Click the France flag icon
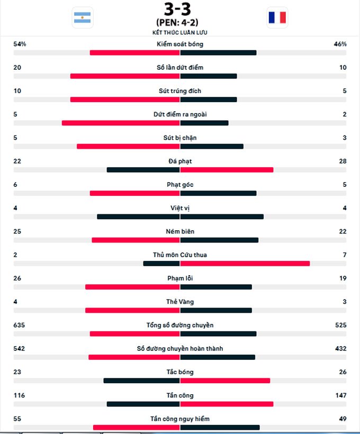point(277,17)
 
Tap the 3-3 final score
point(177,10)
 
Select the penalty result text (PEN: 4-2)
point(177,23)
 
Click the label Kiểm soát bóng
point(180,44)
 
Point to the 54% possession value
point(20,44)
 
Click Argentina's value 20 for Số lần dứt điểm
point(17,67)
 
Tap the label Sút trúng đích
point(180,91)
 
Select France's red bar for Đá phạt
point(227,170)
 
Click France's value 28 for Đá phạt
point(343,161)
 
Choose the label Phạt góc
point(180,185)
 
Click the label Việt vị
point(180,208)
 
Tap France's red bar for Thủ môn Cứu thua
point(245,264)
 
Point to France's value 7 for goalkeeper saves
point(345,255)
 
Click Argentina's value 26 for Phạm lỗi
point(17,278)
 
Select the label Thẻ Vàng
point(180,302)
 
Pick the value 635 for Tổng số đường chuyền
point(19,325)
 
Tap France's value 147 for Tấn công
point(340,395)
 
